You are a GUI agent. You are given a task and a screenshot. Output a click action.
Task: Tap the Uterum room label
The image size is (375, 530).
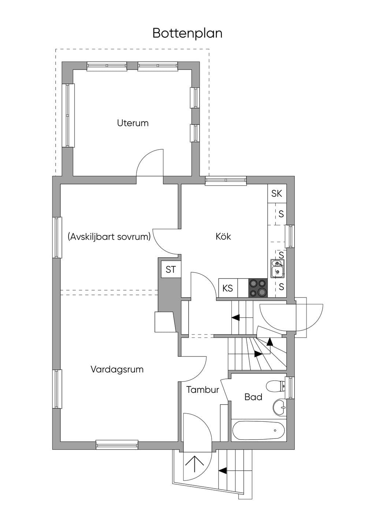point(133,123)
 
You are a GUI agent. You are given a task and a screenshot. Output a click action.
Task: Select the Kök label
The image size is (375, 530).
point(223,236)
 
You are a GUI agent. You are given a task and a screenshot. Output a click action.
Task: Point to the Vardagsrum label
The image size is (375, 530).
point(117,369)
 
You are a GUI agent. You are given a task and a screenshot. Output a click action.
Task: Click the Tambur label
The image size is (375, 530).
point(203,390)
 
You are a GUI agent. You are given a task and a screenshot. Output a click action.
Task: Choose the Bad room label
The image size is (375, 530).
point(253,397)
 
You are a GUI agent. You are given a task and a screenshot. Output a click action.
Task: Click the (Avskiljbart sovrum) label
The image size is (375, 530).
point(109,236)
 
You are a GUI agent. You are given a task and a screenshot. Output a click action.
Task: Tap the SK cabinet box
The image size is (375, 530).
point(277,194)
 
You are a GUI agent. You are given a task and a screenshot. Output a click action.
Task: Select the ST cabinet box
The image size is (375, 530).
point(171,269)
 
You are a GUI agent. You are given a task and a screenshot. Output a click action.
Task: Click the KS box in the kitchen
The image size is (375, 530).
point(228,288)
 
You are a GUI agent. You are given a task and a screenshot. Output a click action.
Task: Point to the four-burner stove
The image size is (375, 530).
point(258,288)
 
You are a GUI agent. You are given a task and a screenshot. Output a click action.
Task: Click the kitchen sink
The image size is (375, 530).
point(278,269)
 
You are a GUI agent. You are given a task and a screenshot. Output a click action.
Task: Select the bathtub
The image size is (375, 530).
point(259,430)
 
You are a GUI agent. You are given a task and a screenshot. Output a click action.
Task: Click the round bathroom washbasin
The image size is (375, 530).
point(279,407)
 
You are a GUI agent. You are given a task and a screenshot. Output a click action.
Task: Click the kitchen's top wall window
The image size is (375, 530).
point(226,180)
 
